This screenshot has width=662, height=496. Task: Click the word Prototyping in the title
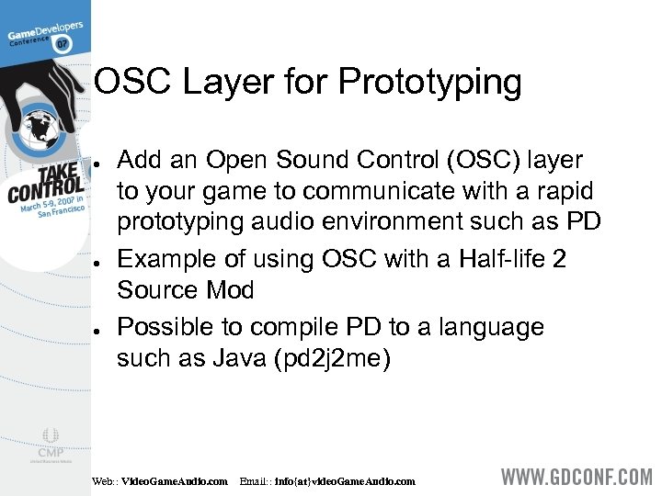tap(429, 84)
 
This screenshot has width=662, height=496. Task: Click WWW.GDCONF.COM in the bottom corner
tap(576, 479)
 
